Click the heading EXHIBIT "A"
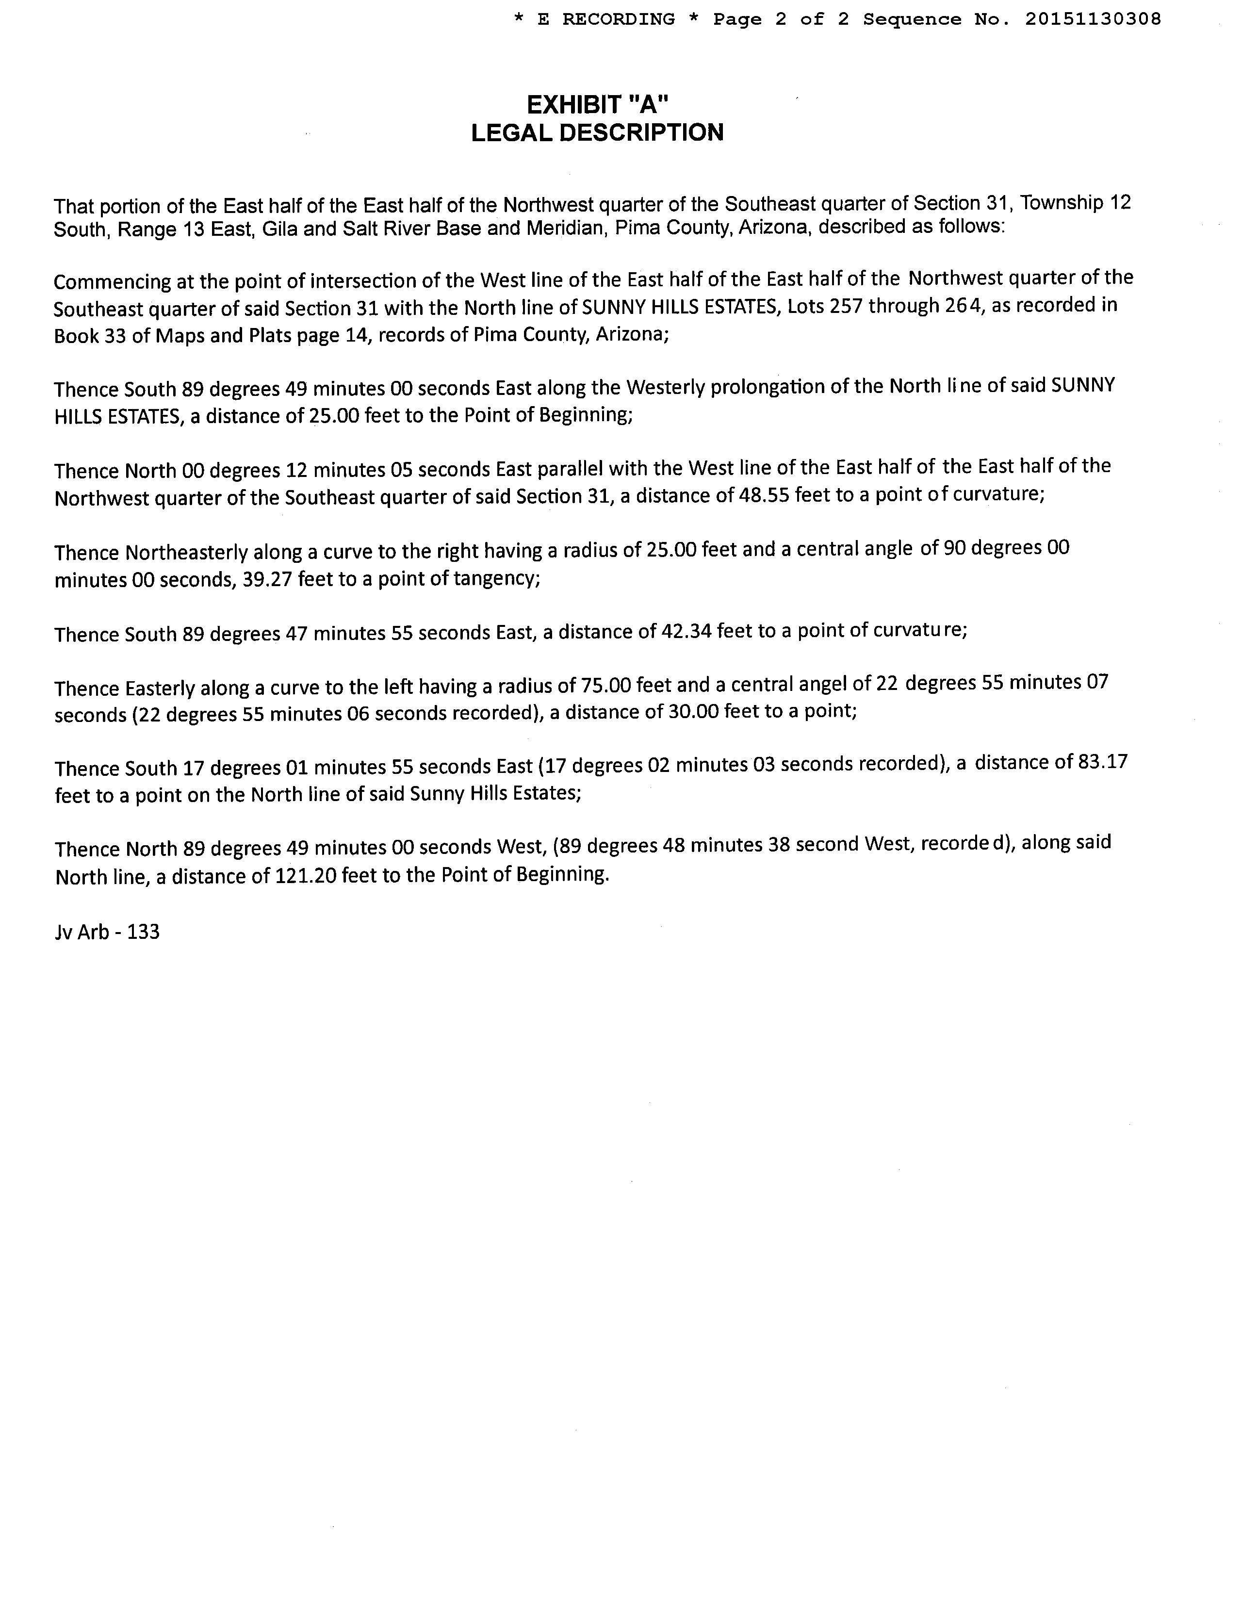click(x=597, y=105)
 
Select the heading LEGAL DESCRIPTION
click(x=597, y=132)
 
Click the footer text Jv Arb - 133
click(x=107, y=932)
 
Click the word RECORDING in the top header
click(x=618, y=19)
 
